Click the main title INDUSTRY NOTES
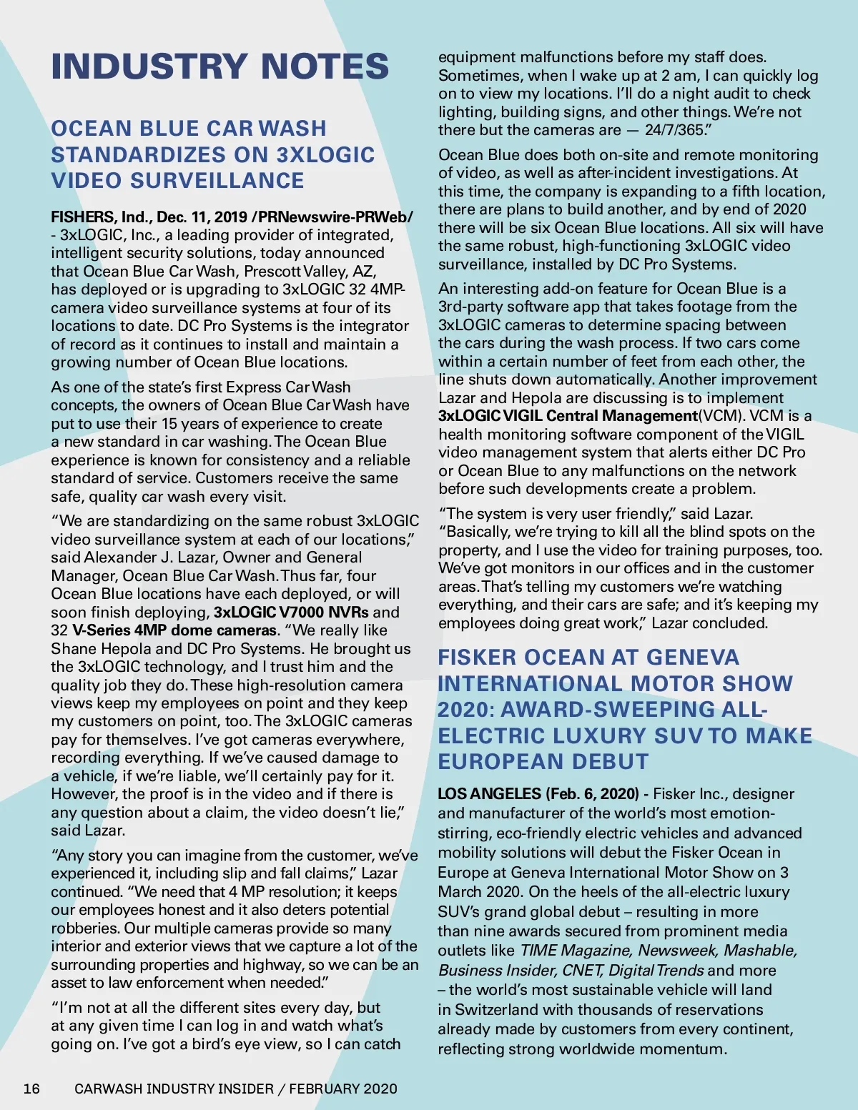pyautogui.click(x=220, y=66)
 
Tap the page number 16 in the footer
pyautogui.click(x=31, y=1089)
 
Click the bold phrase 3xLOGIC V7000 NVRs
pyautogui.click(x=291, y=613)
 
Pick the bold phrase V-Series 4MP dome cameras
pyautogui.click(x=174, y=630)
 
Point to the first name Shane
pyautogui.click(x=71, y=649)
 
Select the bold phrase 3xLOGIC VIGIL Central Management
pyautogui.click(x=568, y=416)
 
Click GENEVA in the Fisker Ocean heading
pyautogui.click(x=693, y=658)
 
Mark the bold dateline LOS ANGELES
pyautogui.click(x=489, y=794)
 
